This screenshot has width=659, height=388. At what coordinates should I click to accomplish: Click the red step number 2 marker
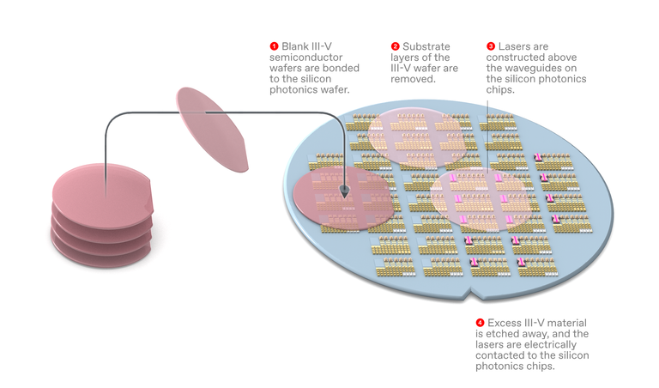click(396, 45)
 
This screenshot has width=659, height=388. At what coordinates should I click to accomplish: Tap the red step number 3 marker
click(491, 45)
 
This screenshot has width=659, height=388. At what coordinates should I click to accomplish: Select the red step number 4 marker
click(480, 323)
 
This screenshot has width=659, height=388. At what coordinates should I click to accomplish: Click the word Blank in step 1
click(295, 45)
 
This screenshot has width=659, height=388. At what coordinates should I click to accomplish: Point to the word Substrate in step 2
click(426, 45)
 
